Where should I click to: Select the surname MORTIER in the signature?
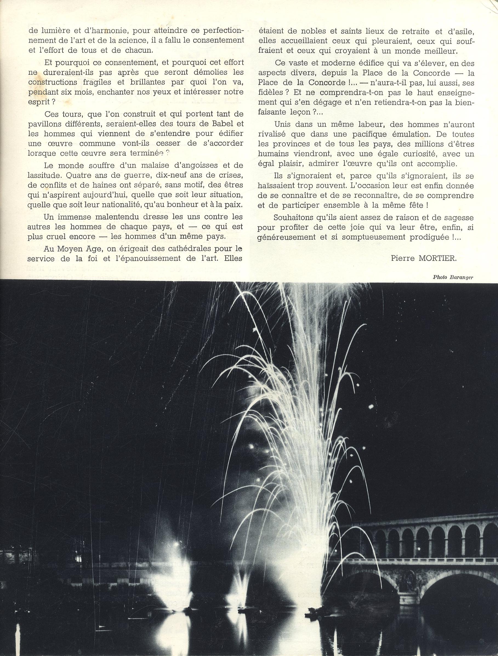pos(437,258)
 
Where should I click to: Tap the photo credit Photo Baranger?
pos(453,277)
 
